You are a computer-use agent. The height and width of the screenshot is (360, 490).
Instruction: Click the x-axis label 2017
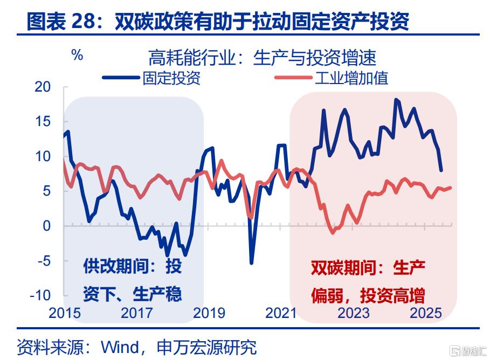point(136,313)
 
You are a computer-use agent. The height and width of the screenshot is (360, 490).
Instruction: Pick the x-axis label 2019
point(209,313)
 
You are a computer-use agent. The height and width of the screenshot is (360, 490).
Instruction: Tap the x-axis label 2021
point(281,313)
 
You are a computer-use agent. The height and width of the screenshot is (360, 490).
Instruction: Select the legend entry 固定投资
point(171,78)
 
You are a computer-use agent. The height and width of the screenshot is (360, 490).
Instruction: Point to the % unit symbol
point(77,55)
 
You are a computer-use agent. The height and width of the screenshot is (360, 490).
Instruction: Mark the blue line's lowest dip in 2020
point(251,263)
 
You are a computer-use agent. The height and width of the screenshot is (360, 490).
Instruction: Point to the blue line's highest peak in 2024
point(397,99)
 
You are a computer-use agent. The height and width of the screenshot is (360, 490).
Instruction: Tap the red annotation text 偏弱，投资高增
point(368,295)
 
